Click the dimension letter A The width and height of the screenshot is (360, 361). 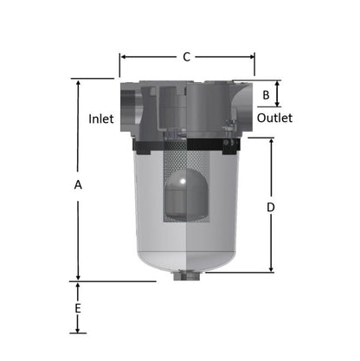pyautogui.click(x=78, y=185)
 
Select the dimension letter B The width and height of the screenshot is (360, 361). pyautogui.click(x=267, y=93)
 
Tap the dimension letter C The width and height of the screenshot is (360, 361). pyautogui.click(x=186, y=57)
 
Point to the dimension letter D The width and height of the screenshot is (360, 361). pyautogui.click(x=271, y=208)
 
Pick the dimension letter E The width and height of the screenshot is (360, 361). pyautogui.click(x=78, y=308)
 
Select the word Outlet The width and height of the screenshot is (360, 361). pyautogui.click(x=274, y=118)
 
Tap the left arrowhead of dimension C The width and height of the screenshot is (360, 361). pyautogui.click(x=123, y=58)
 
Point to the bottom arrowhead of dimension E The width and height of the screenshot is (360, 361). pyautogui.click(x=79, y=330)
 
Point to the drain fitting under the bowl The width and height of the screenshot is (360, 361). pyautogui.click(x=185, y=277)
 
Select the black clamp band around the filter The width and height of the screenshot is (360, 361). pyautogui.click(x=185, y=144)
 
